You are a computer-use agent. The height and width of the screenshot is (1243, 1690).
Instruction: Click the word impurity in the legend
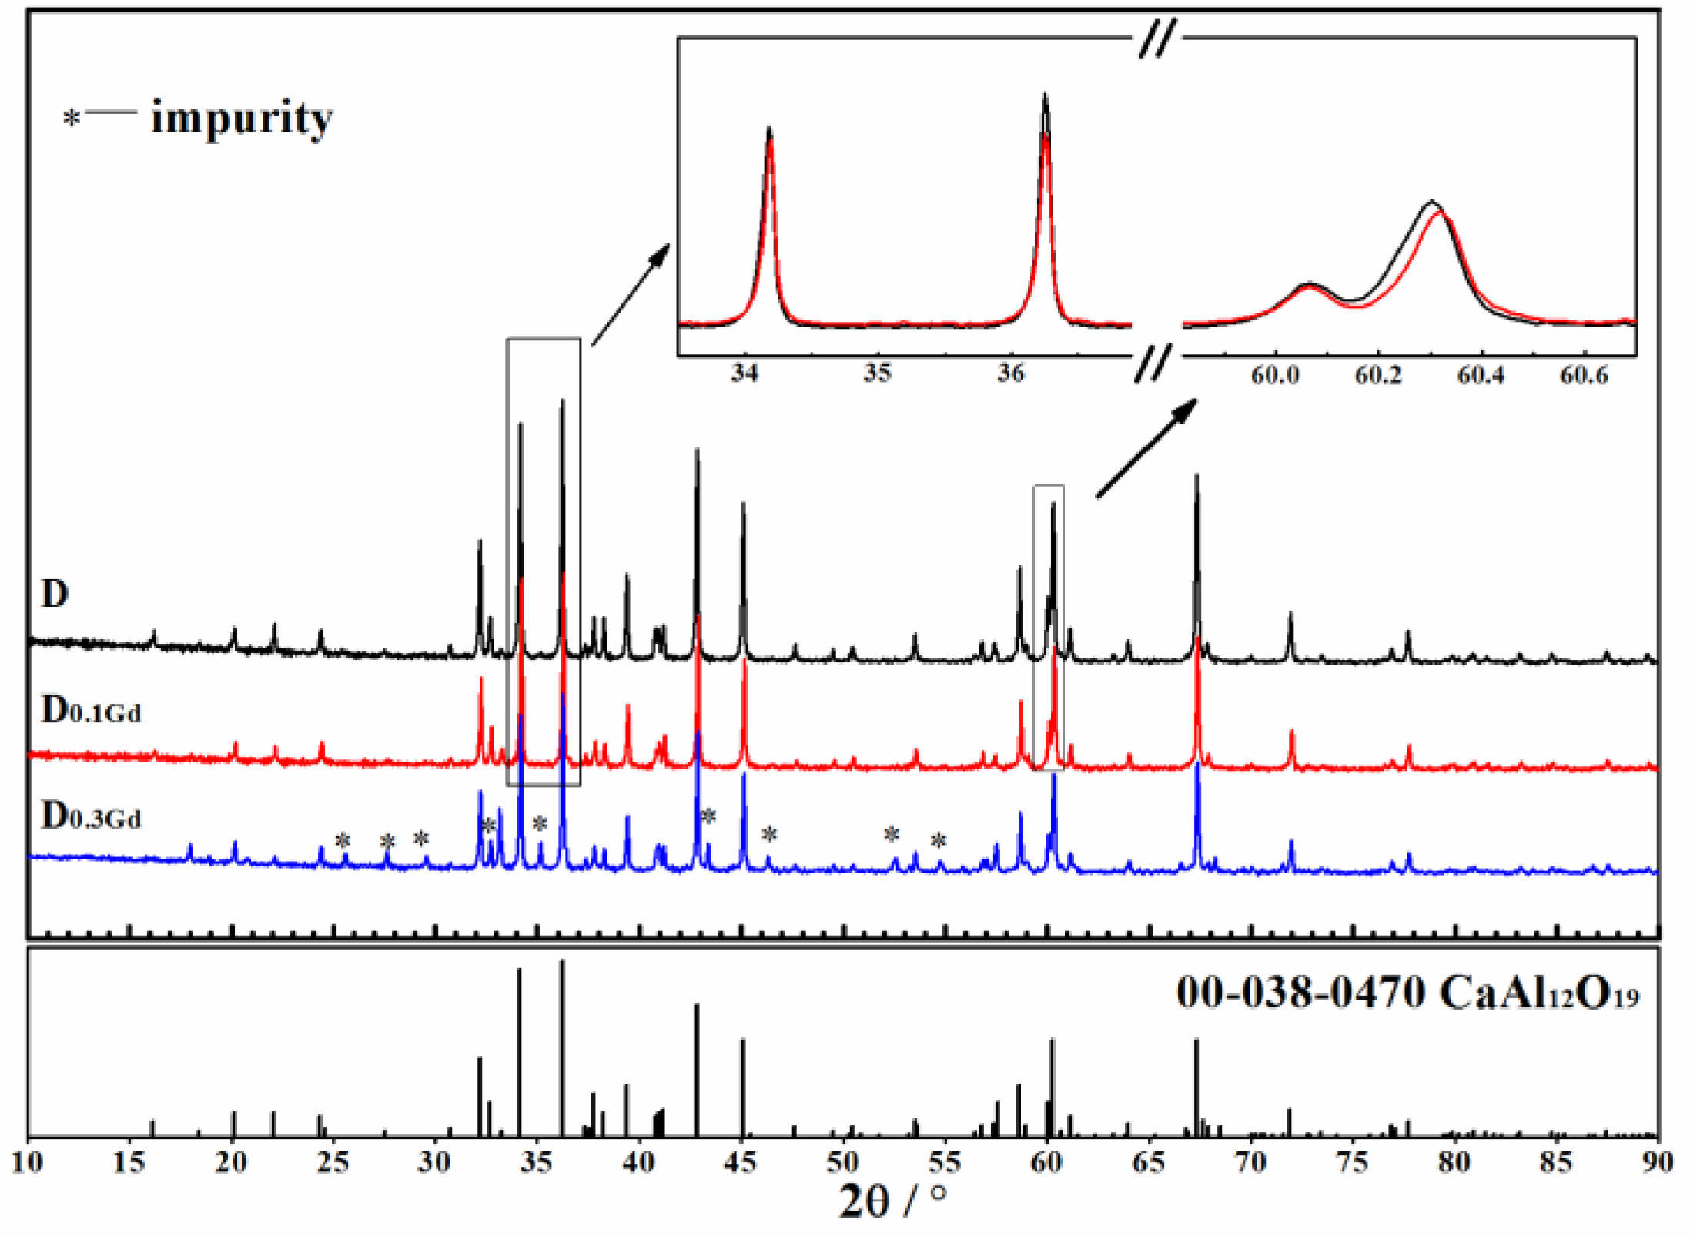pos(241,119)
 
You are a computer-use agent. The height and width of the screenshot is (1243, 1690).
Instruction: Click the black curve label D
pos(55,595)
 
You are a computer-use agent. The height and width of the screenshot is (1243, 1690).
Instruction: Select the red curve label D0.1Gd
pos(91,710)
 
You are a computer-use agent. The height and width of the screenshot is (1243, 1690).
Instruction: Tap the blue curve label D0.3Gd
pos(91,816)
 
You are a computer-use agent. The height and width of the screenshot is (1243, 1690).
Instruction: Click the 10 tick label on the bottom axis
pos(28,1162)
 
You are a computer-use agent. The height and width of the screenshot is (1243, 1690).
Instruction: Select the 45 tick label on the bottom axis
pos(741,1162)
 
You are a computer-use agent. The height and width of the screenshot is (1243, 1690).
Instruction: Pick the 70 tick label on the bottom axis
pos(1250,1162)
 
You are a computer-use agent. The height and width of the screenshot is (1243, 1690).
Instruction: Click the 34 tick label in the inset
pos(745,374)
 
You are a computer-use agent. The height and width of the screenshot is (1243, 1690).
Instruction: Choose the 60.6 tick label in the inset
pos(1584,376)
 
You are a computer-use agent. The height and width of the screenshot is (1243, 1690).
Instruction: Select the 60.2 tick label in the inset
pos(1377,376)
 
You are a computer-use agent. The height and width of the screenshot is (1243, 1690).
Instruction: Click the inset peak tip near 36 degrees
pos(1045,95)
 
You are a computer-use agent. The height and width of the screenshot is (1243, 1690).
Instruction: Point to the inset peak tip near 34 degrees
pos(769,129)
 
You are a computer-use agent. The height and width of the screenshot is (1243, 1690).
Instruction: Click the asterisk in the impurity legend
pos(72,120)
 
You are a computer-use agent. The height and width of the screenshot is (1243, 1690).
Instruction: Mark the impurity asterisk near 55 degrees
pos(938,842)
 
